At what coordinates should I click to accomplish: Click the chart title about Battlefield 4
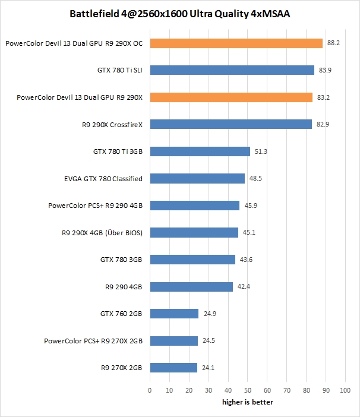click(179, 13)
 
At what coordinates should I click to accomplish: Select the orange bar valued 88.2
click(236, 43)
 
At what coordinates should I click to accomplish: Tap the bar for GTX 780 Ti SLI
click(232, 70)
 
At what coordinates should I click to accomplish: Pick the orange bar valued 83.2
click(231, 97)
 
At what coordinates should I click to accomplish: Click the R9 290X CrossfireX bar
click(230, 124)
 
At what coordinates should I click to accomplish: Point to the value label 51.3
click(261, 151)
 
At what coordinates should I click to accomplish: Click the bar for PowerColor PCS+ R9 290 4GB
click(194, 206)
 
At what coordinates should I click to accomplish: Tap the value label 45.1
click(249, 232)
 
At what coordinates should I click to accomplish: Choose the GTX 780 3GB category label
click(121, 260)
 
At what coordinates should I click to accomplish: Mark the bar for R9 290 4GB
click(191, 287)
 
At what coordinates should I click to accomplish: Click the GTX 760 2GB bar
click(174, 314)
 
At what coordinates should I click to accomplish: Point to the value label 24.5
click(209, 341)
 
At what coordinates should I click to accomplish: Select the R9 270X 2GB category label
click(122, 368)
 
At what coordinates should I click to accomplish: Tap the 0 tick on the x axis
click(150, 390)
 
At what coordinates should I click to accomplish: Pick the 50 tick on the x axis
click(247, 390)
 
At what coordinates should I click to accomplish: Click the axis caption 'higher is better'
click(247, 402)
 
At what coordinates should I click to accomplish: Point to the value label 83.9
click(325, 70)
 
